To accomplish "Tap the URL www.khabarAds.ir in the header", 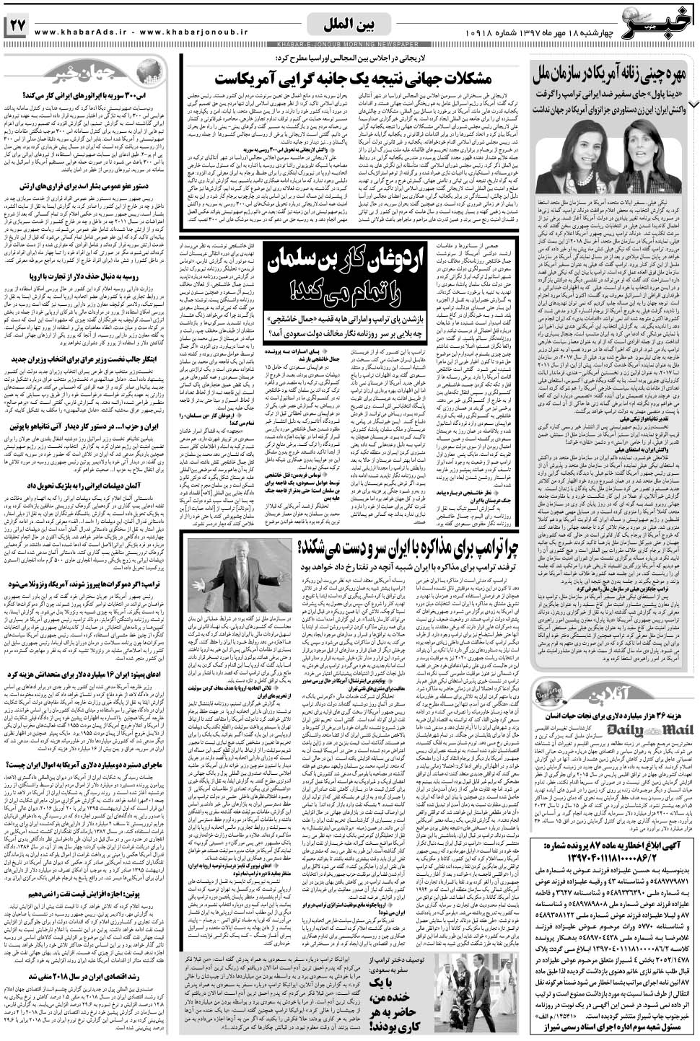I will [80, 32].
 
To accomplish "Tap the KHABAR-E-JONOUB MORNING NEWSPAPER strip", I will [350, 45].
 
